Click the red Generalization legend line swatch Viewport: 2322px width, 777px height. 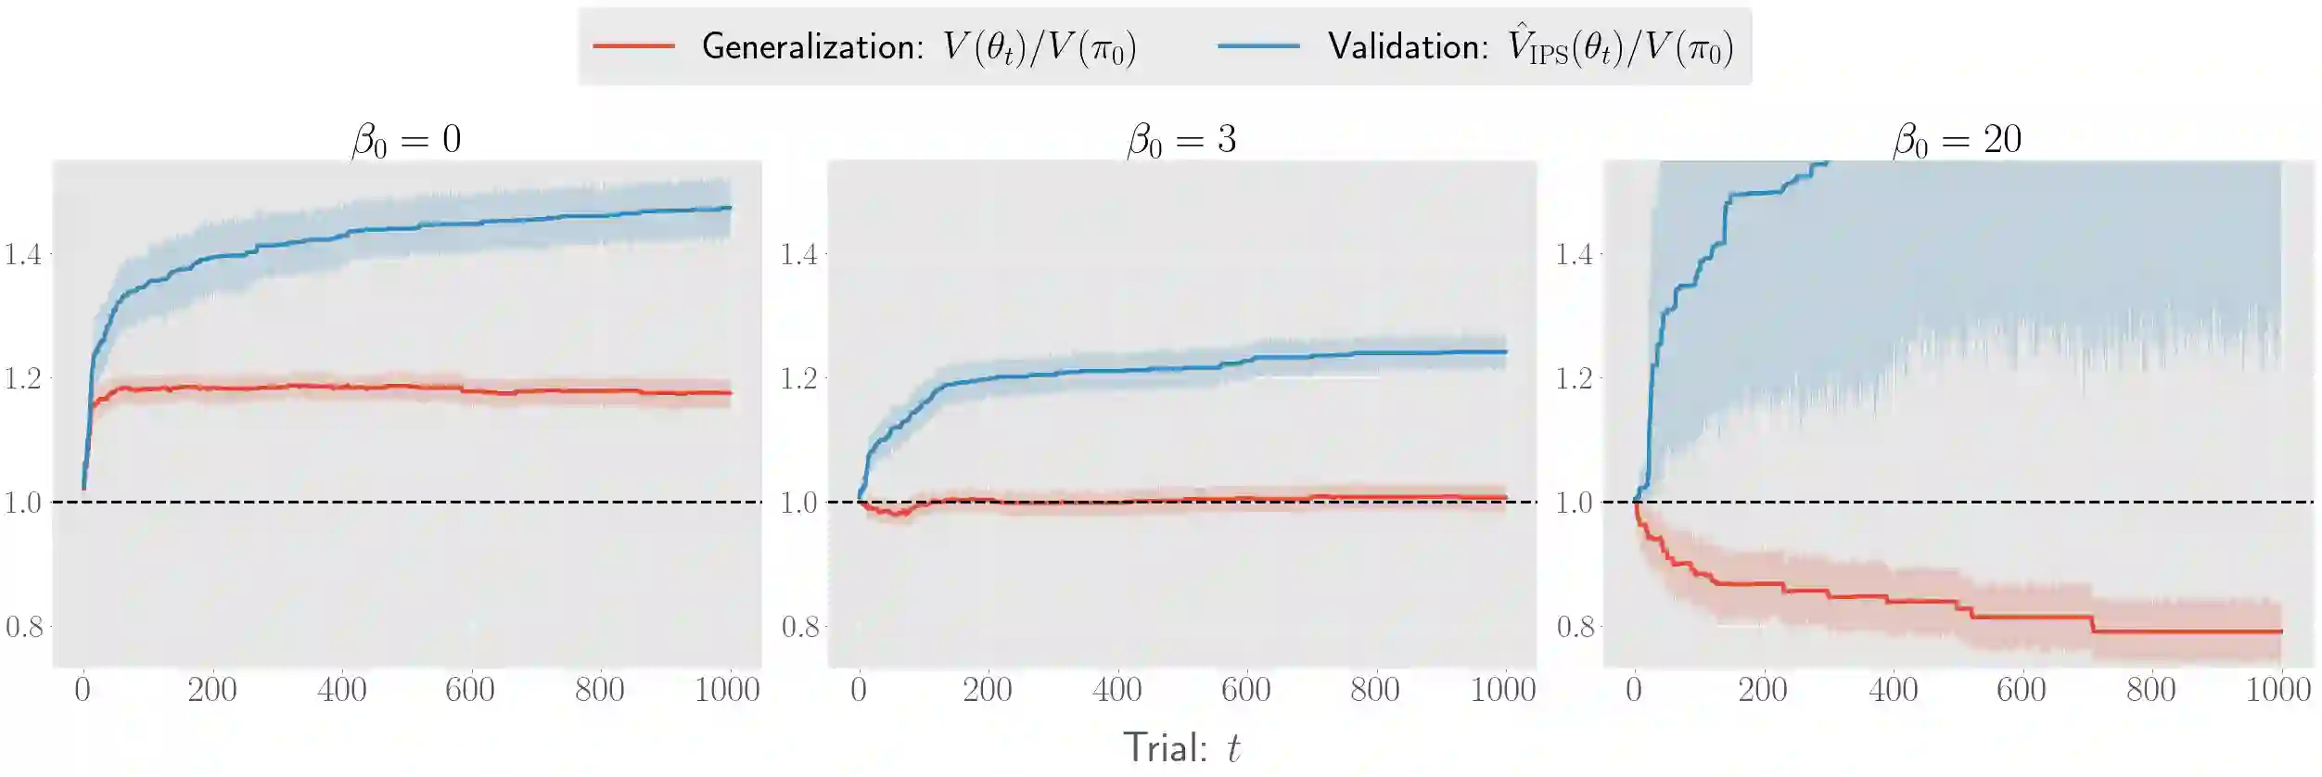click(x=633, y=46)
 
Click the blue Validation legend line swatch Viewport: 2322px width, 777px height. click(x=1258, y=46)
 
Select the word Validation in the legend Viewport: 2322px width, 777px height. click(x=1409, y=46)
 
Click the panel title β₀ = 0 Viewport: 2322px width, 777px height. click(x=406, y=140)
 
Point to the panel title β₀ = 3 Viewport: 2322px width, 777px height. click(x=1181, y=140)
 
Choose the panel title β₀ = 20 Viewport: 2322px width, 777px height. click(x=1957, y=140)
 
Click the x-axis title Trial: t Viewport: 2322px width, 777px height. click(x=1181, y=747)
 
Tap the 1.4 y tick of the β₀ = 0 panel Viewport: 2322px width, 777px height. click(x=23, y=254)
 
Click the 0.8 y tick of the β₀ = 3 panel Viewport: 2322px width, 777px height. click(x=799, y=627)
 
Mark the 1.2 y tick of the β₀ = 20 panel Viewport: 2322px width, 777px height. click(x=1575, y=378)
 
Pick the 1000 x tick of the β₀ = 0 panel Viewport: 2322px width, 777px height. click(x=728, y=690)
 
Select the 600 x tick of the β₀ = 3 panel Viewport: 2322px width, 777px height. click(x=1245, y=690)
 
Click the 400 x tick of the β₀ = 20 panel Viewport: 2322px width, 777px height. click(x=1893, y=690)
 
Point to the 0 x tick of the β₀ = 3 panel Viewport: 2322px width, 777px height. click(x=859, y=690)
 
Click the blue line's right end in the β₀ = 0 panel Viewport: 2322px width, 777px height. click(x=731, y=208)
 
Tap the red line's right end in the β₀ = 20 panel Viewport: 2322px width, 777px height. click(x=2281, y=631)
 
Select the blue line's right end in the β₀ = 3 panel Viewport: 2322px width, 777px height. click(x=1506, y=351)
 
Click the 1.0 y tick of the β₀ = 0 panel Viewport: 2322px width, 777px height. click(x=23, y=503)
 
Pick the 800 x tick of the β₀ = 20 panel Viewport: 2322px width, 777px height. click(x=2150, y=690)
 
